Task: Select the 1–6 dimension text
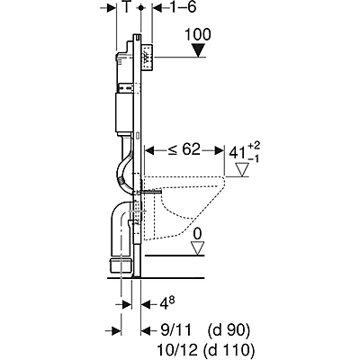(x=168, y=8)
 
